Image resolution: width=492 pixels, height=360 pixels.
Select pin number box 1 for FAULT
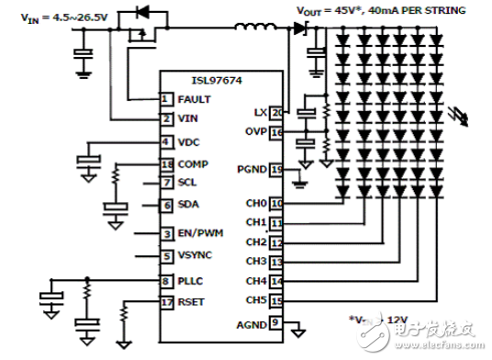click(x=166, y=98)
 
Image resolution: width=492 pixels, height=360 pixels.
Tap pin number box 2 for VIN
click(x=166, y=118)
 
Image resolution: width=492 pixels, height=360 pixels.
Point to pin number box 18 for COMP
click(x=166, y=164)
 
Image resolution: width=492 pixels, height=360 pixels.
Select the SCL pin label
click(x=186, y=183)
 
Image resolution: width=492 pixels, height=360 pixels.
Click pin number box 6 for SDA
click(x=166, y=206)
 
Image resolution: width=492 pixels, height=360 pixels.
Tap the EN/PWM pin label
click(x=199, y=235)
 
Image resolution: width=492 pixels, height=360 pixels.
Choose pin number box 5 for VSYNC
click(x=166, y=257)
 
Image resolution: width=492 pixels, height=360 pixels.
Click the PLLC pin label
click(x=190, y=281)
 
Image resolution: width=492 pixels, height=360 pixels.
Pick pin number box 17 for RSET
click(x=166, y=300)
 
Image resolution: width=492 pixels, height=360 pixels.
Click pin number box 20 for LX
click(x=277, y=113)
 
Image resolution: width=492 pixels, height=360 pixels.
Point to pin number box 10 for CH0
click(x=277, y=203)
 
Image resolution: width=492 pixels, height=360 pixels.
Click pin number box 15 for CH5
click(x=277, y=300)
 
